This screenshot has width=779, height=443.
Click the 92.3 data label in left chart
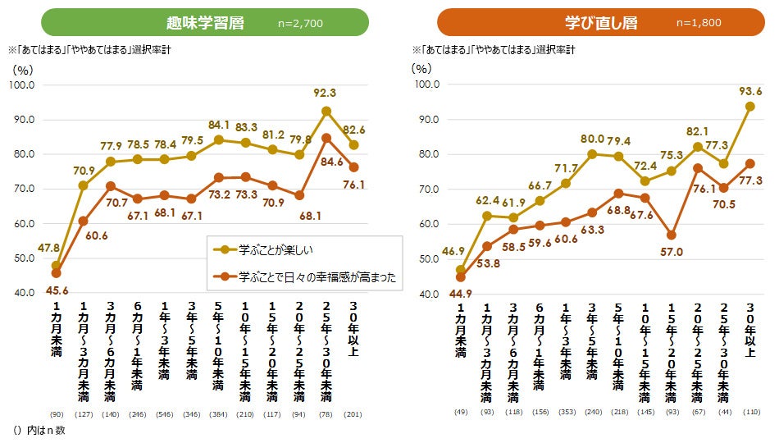pyautogui.click(x=326, y=93)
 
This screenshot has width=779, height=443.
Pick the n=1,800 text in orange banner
pyautogui.click(x=698, y=23)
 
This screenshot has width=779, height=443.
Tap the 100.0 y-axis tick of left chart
pyautogui.click(x=21, y=85)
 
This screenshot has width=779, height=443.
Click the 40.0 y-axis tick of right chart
pyautogui.click(x=427, y=293)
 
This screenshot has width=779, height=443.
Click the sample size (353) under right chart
pyautogui.click(x=566, y=412)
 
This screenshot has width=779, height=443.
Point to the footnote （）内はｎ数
pyautogui.click(x=39, y=430)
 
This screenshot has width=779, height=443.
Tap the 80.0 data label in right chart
pyautogui.click(x=593, y=139)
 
